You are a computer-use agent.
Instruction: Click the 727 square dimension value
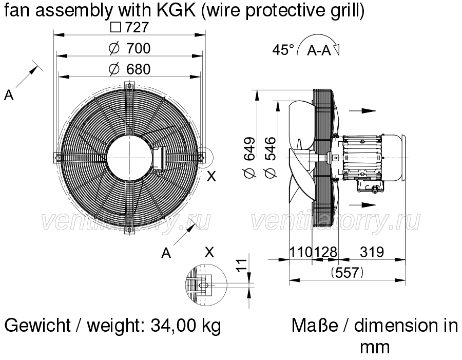(x=130, y=27)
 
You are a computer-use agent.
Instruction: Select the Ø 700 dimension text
(x=130, y=48)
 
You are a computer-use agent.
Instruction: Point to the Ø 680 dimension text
(x=130, y=69)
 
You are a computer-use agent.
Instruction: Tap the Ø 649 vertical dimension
(x=249, y=158)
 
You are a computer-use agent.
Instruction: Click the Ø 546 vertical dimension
(x=271, y=158)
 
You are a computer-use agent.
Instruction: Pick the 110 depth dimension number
(x=300, y=252)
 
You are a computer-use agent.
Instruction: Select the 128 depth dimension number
(x=325, y=252)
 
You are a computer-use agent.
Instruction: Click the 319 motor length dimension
(x=372, y=252)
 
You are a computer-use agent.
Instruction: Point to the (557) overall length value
(x=347, y=272)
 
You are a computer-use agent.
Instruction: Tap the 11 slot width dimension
(x=242, y=265)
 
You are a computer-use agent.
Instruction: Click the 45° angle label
(x=283, y=49)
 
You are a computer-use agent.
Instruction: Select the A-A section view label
(x=319, y=50)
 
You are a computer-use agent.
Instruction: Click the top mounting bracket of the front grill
(x=129, y=86)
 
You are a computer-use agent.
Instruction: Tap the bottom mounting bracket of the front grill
(x=129, y=229)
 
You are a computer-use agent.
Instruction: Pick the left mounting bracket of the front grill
(x=58, y=158)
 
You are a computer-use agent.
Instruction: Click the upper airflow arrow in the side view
(x=362, y=111)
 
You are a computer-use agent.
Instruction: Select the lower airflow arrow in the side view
(x=362, y=205)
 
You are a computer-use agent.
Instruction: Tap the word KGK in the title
(x=176, y=11)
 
